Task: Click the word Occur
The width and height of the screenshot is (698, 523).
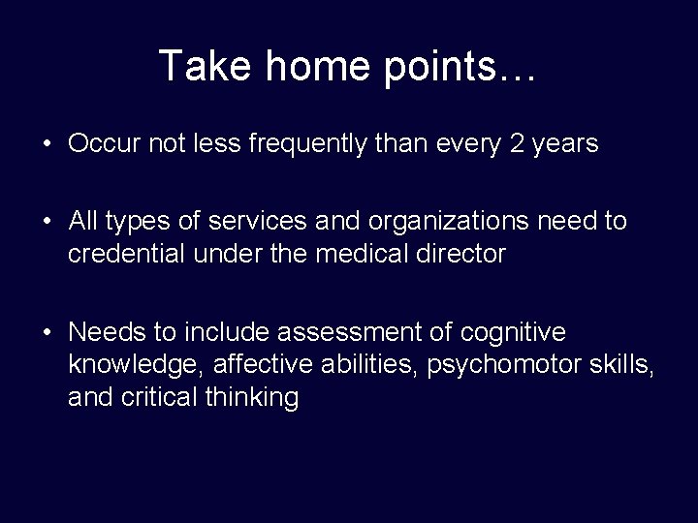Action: tap(104, 144)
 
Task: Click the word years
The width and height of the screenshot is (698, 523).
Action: tap(565, 144)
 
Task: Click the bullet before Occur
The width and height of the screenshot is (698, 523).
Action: tap(46, 145)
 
